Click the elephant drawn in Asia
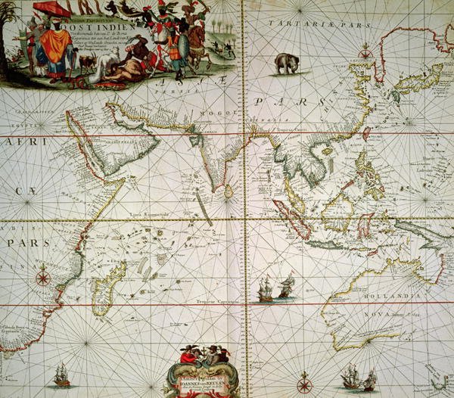[x=286, y=63]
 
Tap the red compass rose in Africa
[x=44, y=276]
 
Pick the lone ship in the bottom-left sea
[x=61, y=374]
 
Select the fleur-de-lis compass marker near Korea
[x=366, y=51]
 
